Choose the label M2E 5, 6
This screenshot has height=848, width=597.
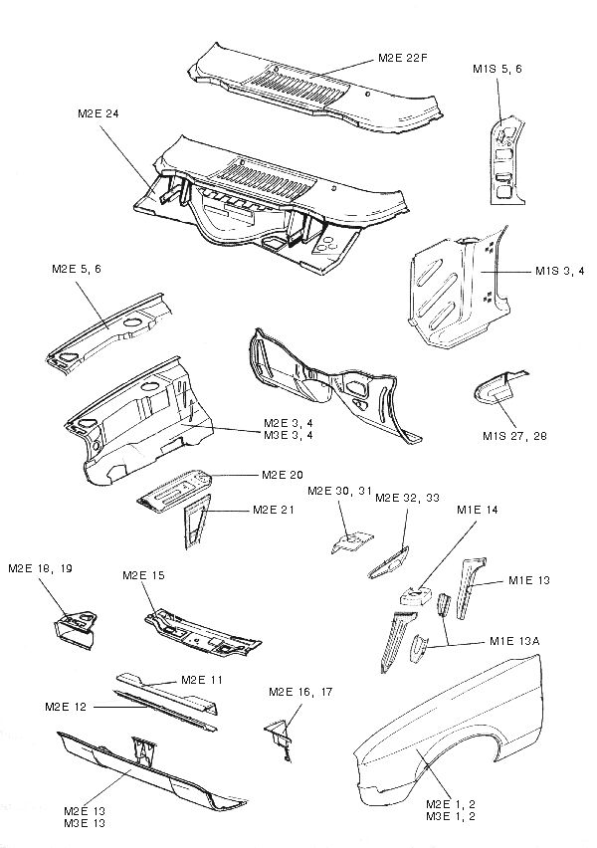(77, 270)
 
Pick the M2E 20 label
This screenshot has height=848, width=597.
(282, 475)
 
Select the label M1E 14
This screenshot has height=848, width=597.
(478, 511)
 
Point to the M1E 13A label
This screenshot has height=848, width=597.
(514, 642)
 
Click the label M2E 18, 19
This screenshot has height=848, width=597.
(41, 569)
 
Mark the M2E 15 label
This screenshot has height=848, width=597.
(142, 576)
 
